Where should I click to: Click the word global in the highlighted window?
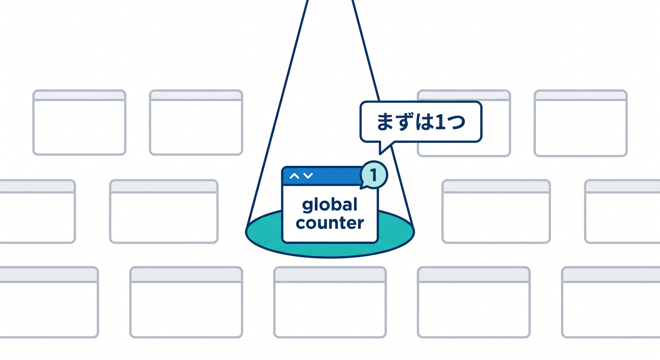click(x=330, y=205)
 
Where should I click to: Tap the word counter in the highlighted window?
click(x=330, y=223)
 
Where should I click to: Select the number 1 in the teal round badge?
click(x=374, y=175)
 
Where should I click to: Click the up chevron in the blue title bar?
click(x=294, y=176)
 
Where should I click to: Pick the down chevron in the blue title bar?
click(x=308, y=176)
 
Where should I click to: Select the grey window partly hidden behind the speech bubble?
click(x=464, y=123)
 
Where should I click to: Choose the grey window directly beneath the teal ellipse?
click(x=330, y=302)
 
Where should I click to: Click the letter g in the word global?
click(x=307, y=206)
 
